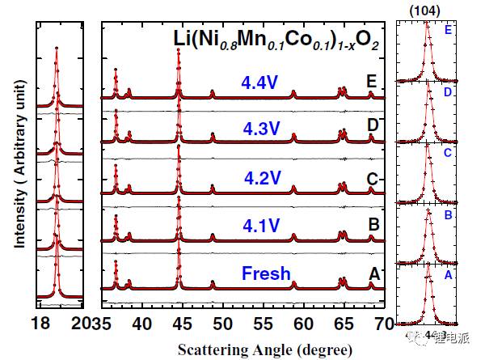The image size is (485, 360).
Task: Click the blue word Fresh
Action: point(264,273)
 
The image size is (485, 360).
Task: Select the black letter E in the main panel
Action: point(372,82)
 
